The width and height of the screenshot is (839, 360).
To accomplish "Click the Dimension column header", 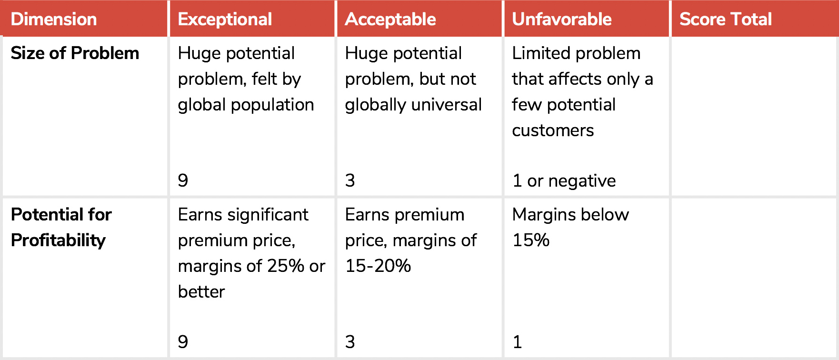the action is coord(54,19).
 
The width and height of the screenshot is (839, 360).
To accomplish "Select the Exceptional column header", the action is coord(225,19).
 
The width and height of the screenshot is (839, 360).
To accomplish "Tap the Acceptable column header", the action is coord(390,19).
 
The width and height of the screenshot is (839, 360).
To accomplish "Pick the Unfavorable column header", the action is coord(562,19).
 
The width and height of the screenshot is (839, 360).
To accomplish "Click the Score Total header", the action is coord(726,19).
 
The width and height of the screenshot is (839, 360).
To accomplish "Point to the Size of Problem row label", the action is coord(75,53).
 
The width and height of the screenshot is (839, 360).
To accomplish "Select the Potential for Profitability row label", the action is coord(61,227).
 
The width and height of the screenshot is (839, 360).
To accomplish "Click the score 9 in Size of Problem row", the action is coord(183,180).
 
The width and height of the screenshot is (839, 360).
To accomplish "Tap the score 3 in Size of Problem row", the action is coord(350,180).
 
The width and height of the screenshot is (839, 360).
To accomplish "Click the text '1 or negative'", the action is coord(564,181).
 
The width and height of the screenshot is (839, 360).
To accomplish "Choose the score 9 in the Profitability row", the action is coord(183,342).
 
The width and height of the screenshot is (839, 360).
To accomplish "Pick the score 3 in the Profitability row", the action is coord(350,342).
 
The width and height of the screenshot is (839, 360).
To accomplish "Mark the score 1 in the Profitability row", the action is coord(518,342).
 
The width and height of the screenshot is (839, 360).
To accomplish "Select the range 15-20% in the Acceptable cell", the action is coord(378,266).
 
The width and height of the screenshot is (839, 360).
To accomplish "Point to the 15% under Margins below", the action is coord(531,240).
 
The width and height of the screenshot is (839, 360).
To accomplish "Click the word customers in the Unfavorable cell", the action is coord(553,130).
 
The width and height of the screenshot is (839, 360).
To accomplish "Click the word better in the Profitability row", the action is coord(201,291).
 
